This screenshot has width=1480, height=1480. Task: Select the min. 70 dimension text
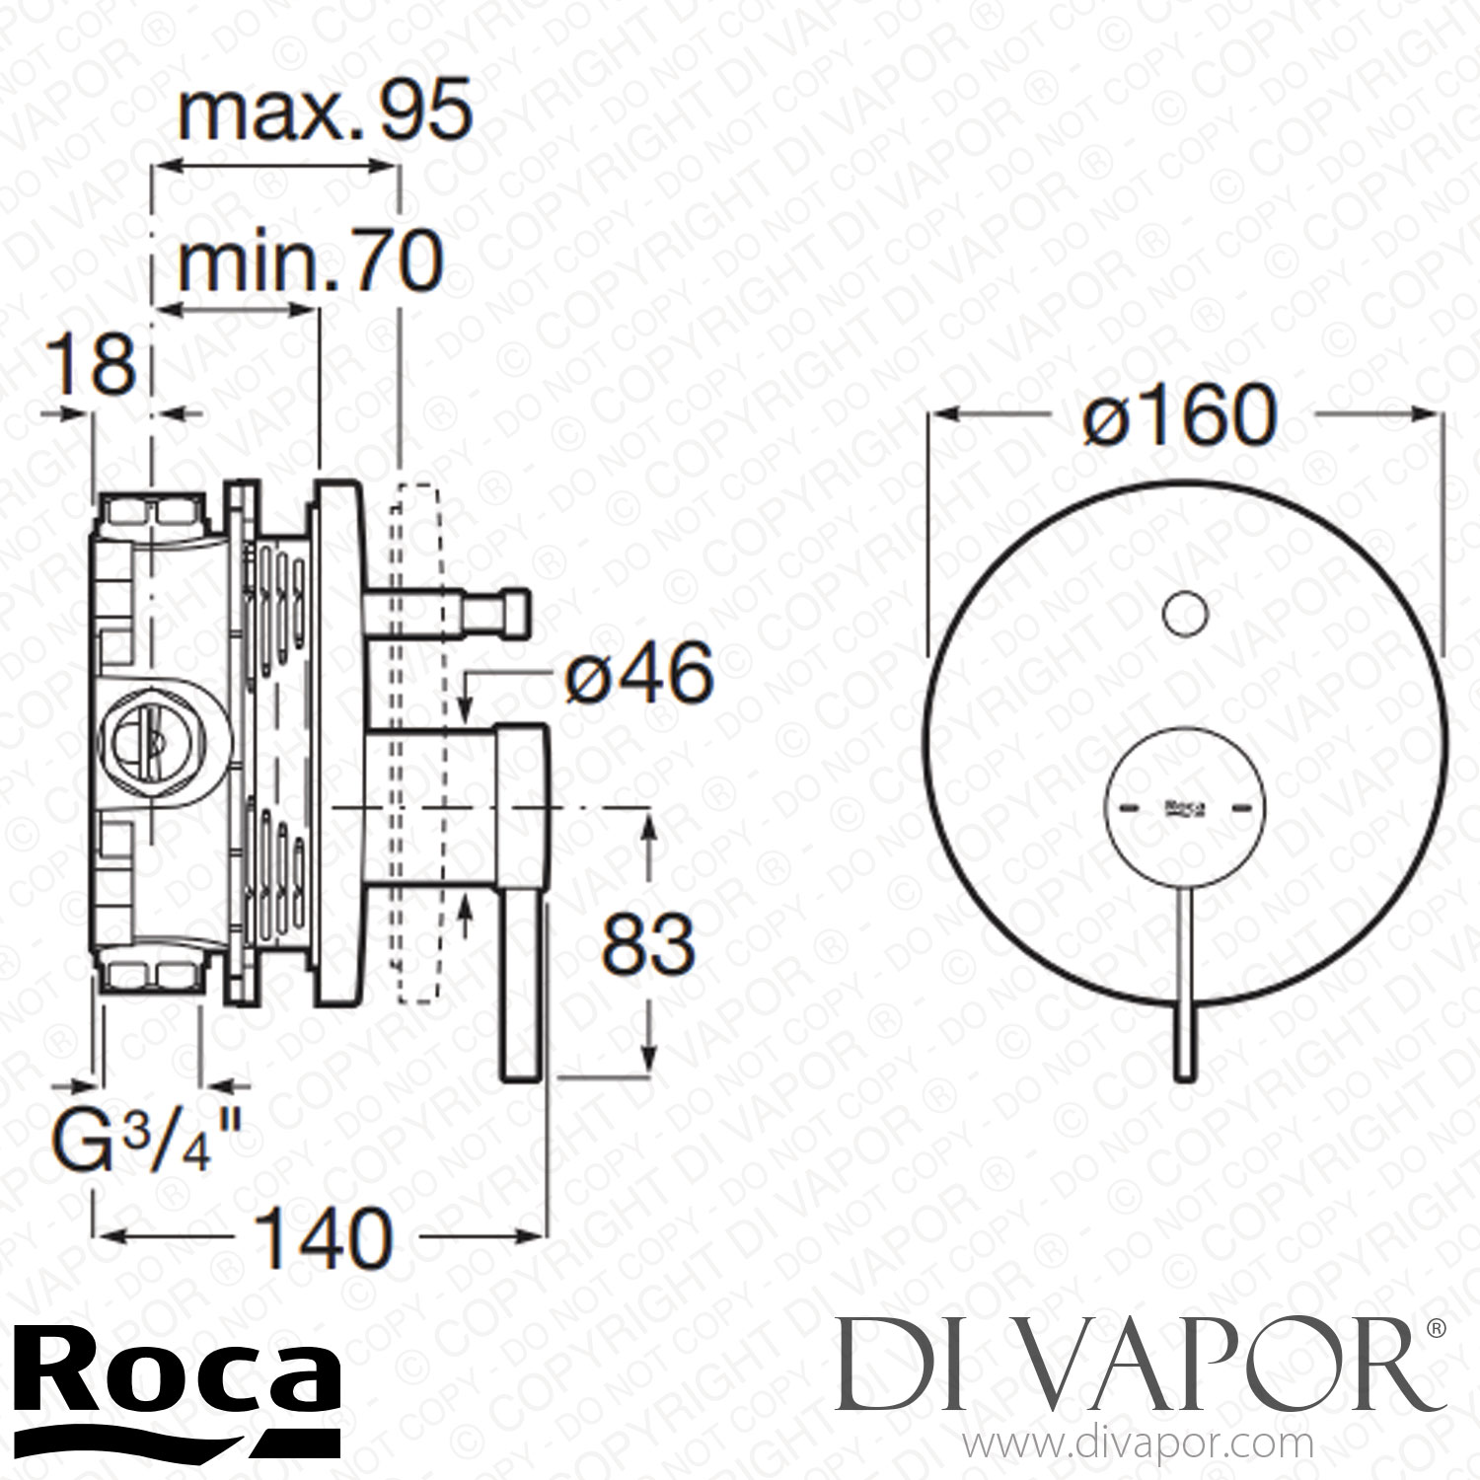(x=310, y=263)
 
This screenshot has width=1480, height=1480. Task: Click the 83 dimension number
(x=648, y=943)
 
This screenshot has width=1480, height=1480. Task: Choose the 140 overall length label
(x=324, y=1239)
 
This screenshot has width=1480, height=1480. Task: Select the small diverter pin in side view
(x=449, y=611)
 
